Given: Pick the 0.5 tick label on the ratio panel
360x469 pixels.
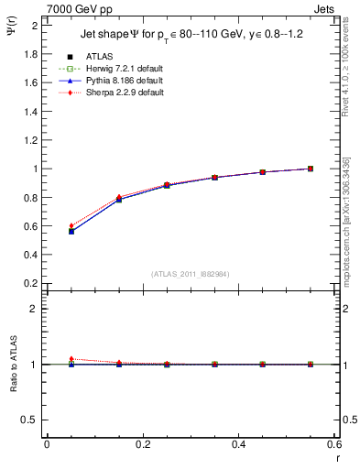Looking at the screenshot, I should click(x=29, y=420).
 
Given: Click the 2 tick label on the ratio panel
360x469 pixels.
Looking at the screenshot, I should click(x=33, y=309).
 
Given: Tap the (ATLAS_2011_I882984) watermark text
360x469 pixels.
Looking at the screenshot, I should click(x=191, y=273).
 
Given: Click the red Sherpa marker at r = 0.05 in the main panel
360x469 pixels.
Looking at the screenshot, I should click(x=71, y=225).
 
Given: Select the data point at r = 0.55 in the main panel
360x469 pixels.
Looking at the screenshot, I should click(x=311, y=169).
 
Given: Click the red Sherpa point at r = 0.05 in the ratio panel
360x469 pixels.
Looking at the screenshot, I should click(x=71, y=359).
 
